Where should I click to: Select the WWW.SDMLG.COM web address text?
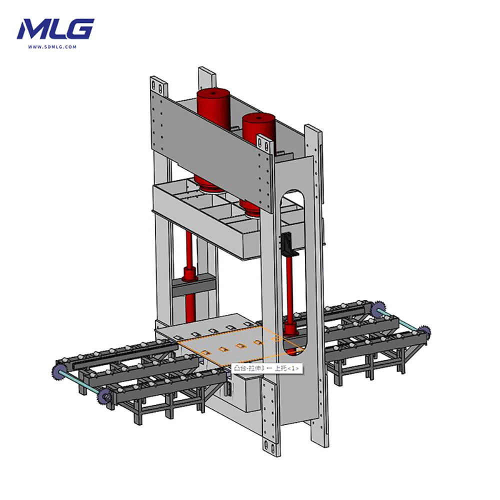(52, 47)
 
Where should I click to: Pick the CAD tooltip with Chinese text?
(266, 368)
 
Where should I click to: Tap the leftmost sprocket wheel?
(57, 372)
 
